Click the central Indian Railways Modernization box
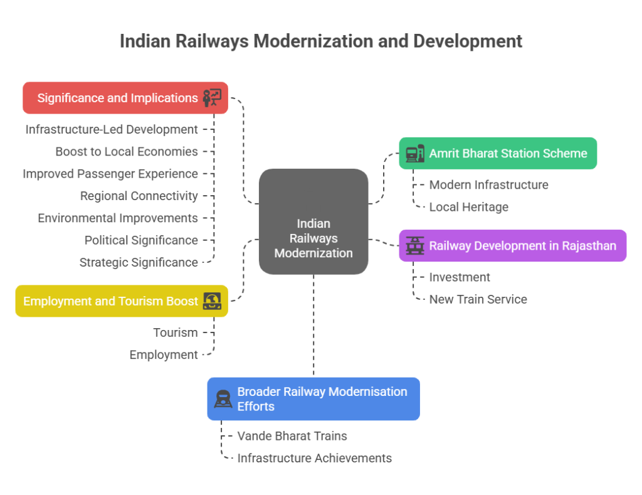coord(313,221)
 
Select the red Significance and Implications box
coord(125,98)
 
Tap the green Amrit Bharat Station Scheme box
coord(498,153)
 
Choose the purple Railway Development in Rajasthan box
coord(512,245)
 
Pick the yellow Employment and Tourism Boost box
coord(122,301)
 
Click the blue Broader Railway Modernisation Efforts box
coord(313,398)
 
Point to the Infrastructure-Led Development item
coord(112,129)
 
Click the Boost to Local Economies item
coord(127,151)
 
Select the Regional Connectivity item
coord(139,196)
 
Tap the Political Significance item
coord(141,240)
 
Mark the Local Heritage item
coord(469,206)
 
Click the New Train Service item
coord(478,299)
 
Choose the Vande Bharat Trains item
coord(292,435)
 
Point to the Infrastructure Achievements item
coord(314,458)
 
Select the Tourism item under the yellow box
coord(176,332)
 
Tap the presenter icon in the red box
coord(212,98)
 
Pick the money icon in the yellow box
coord(212,301)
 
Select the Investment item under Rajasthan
coord(460,277)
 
